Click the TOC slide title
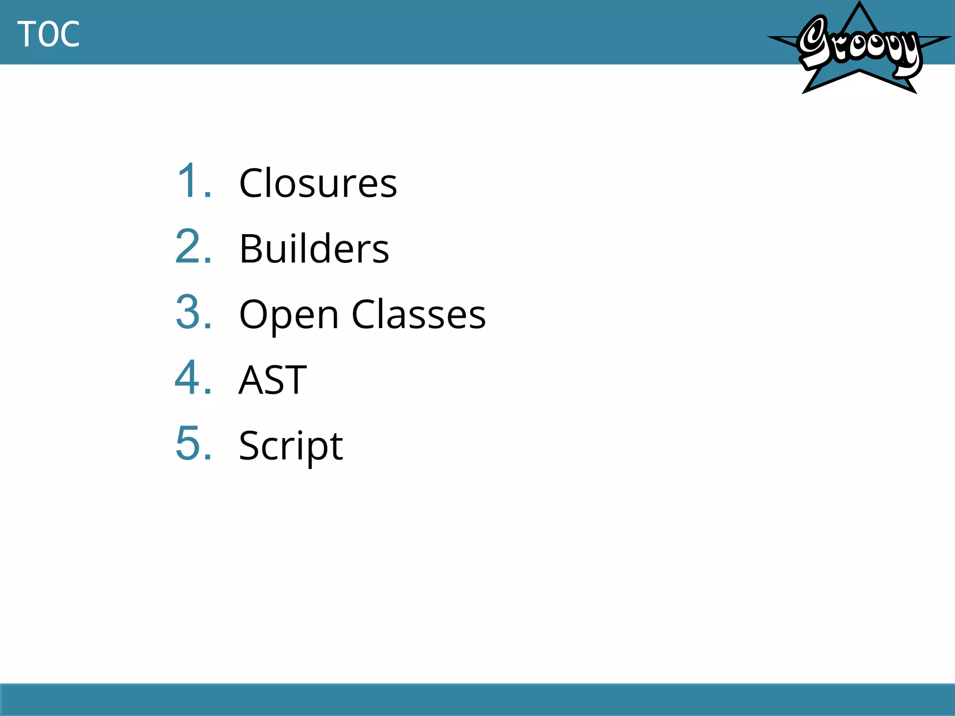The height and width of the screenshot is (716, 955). [48, 34]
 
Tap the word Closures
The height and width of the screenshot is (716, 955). [318, 183]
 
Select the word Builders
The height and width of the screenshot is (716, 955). [314, 248]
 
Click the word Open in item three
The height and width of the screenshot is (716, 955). [289, 315]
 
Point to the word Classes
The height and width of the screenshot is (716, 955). [418, 315]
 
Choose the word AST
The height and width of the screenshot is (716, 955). [272, 380]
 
